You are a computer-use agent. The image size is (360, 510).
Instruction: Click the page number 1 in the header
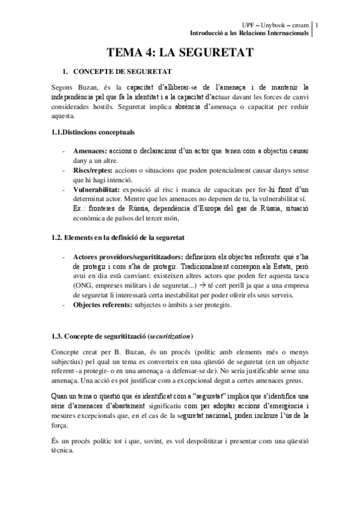pos(317,25)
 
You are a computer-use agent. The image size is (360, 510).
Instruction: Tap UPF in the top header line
pos(248,25)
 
